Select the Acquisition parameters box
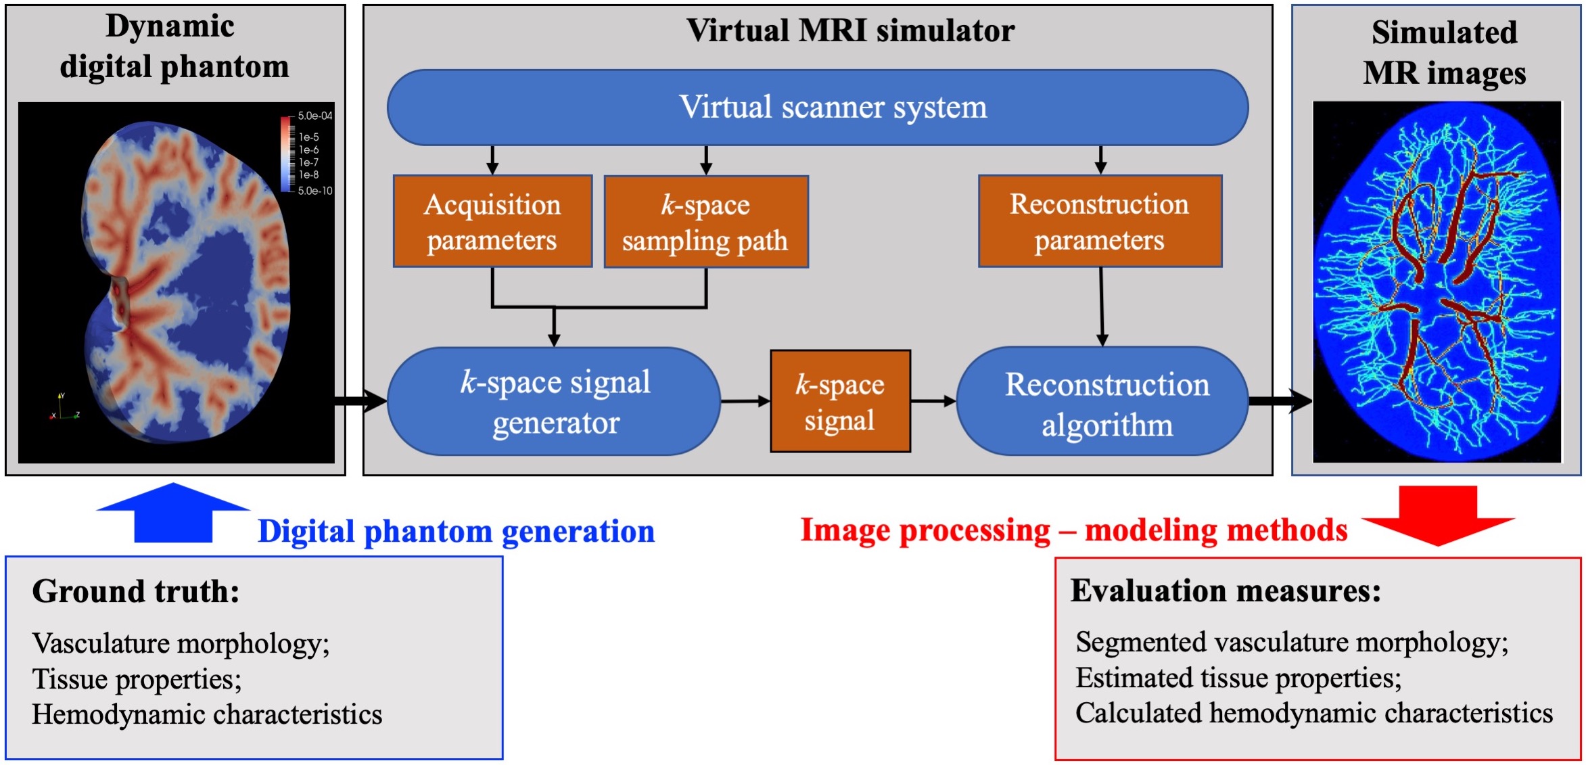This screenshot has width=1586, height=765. coord(492,222)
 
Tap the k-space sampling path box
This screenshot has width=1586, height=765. coord(705,222)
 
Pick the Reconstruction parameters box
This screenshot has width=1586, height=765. coord(1100,221)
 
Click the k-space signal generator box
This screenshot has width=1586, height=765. coord(554,402)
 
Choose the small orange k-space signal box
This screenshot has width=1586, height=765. coord(840,401)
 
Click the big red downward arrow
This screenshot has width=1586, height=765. coord(1438,515)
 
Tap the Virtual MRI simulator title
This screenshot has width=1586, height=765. coord(850,30)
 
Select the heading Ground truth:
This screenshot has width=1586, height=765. coord(136,591)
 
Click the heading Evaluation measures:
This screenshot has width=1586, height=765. coord(1226,590)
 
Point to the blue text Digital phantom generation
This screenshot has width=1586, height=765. coord(456,531)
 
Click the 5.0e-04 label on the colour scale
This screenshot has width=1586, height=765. coord(315,116)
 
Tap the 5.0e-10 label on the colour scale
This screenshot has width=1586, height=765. coord(315,191)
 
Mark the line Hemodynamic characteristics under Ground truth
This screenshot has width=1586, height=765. coord(207,714)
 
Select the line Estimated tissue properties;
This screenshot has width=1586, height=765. coord(1238,678)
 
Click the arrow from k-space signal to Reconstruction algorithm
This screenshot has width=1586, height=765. coord(933,401)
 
